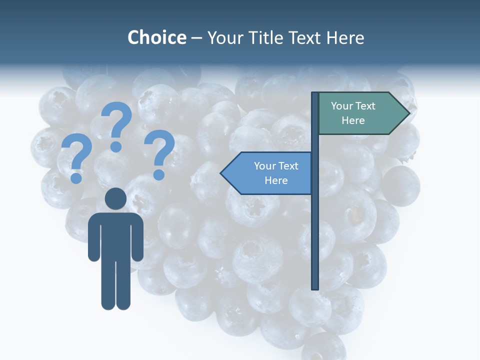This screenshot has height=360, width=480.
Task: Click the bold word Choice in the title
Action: pyautogui.click(x=156, y=38)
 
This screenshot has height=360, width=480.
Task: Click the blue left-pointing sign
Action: pyautogui.click(x=267, y=173)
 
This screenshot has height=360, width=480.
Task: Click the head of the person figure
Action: pyautogui.click(x=115, y=199)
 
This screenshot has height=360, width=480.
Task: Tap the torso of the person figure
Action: pyautogui.click(x=115, y=235)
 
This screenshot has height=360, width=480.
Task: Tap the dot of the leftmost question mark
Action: pyautogui.click(x=76, y=178)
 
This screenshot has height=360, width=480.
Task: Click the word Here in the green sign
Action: pyautogui.click(x=353, y=120)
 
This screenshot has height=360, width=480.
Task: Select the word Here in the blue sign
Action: pyautogui.click(x=276, y=180)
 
